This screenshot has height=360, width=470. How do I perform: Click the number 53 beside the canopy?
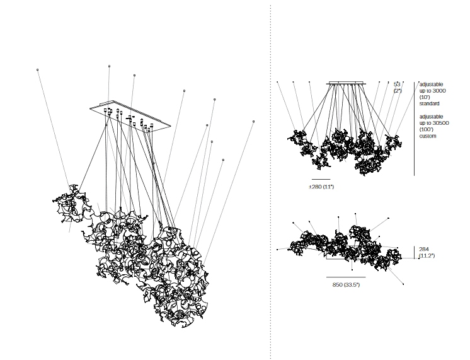point(397,84)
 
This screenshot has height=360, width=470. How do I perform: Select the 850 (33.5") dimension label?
point(346,285)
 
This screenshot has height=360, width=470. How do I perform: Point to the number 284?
point(423,249)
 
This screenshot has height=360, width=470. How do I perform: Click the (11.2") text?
point(427,256)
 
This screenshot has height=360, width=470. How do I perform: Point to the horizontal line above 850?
point(346,277)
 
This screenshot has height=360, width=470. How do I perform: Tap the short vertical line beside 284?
point(414,252)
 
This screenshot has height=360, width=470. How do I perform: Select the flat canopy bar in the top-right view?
point(346,83)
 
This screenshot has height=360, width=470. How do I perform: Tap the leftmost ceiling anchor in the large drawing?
point(38,69)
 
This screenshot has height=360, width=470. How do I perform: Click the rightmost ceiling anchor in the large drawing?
point(253,121)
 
